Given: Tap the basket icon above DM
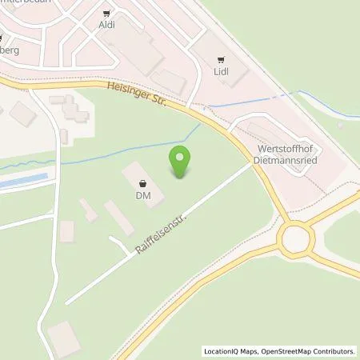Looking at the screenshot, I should click(x=142, y=182).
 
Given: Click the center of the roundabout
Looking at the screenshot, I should click(x=296, y=238).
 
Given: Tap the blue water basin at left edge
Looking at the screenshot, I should click(x=14, y=182).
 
